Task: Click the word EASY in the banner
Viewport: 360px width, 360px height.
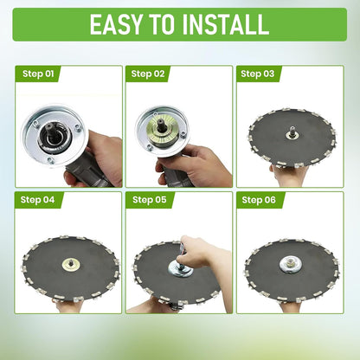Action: pos(116,24)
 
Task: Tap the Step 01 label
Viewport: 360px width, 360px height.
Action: pos(38,74)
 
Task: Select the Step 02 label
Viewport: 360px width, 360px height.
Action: pos(148,74)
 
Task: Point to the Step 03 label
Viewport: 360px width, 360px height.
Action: pos(257,74)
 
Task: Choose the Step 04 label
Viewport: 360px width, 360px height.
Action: pos(37,200)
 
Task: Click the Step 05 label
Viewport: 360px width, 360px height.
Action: pos(150,200)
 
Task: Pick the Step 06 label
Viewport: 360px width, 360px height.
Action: pos(259,200)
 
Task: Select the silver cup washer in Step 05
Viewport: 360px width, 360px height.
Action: pos(180,269)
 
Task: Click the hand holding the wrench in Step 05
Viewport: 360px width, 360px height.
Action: pos(202,252)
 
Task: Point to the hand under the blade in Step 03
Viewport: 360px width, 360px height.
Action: pos(288,176)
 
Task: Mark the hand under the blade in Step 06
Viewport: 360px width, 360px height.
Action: pos(291,306)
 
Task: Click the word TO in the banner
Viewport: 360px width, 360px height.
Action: pos(163,24)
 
